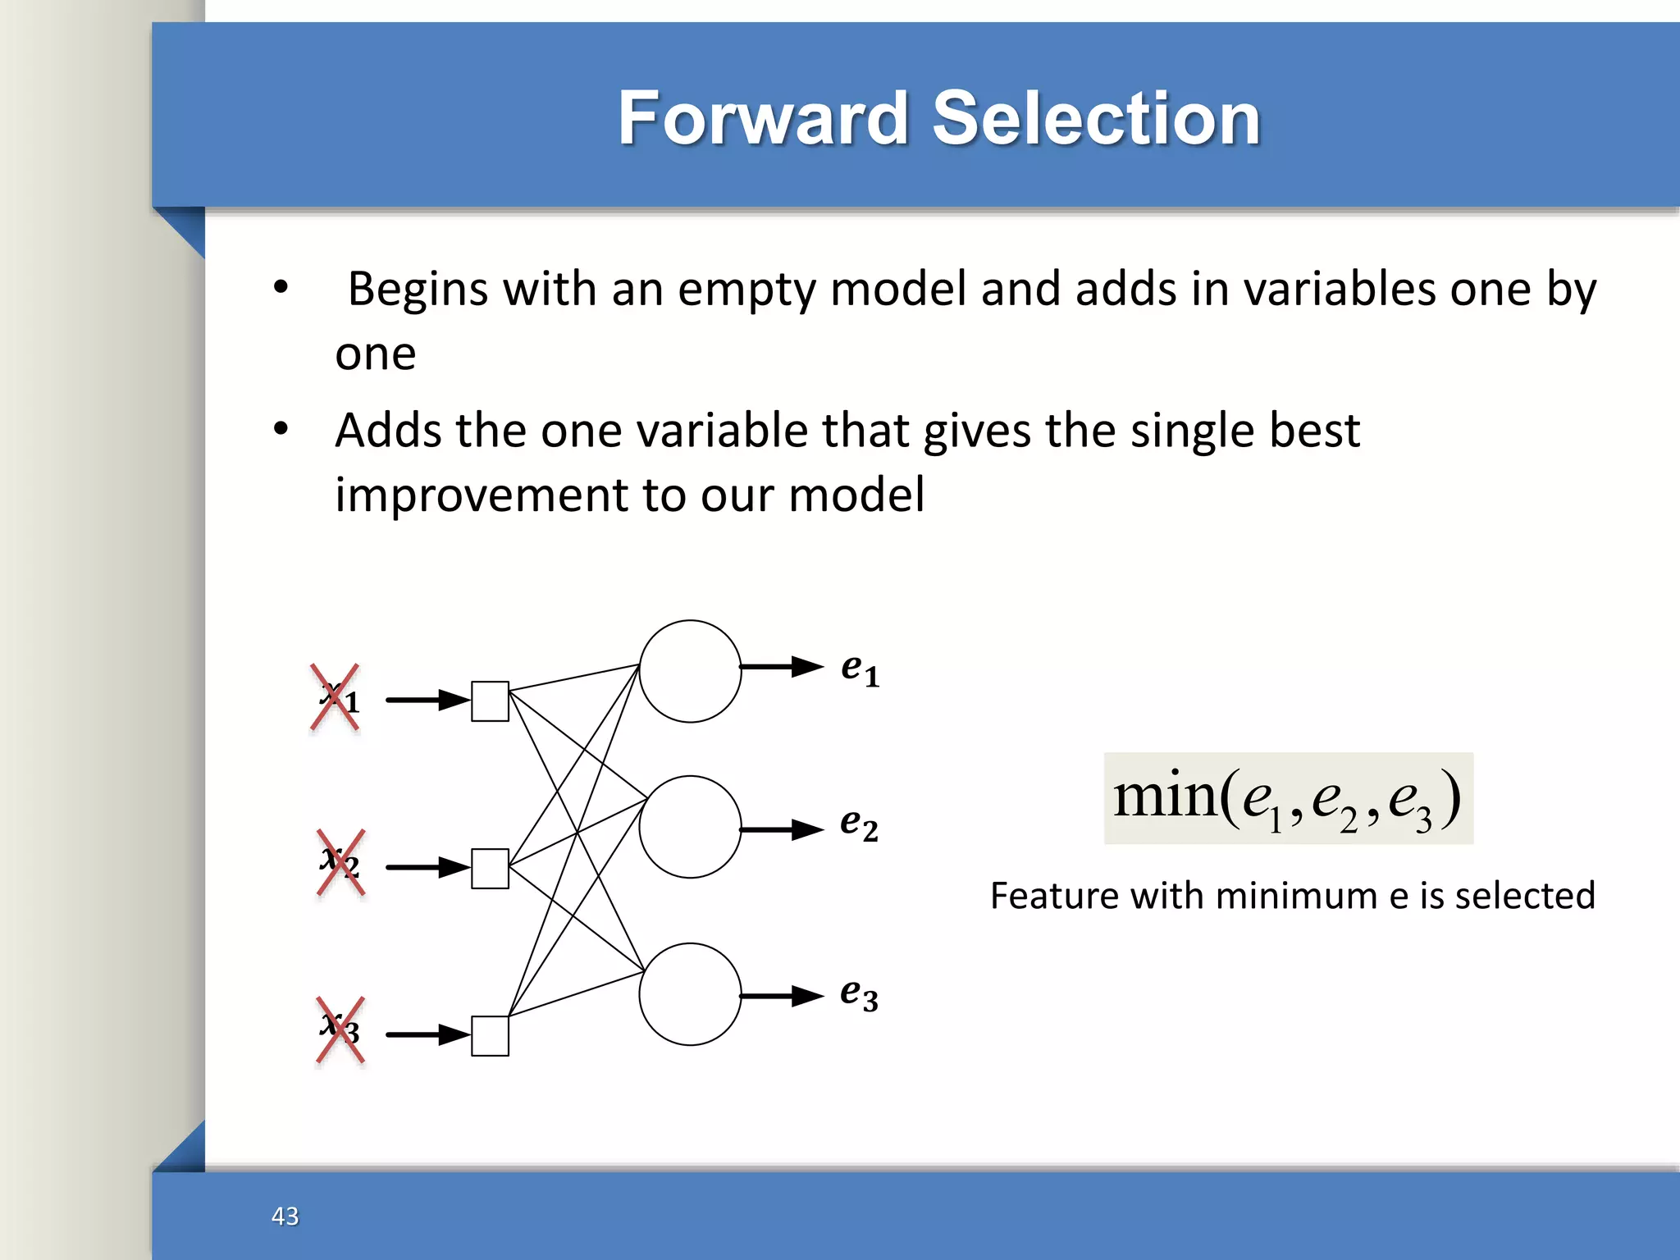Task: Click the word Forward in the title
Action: (x=763, y=119)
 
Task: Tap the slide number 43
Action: (x=285, y=1216)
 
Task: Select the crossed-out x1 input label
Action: (x=336, y=698)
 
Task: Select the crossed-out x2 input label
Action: (x=340, y=862)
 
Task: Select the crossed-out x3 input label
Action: (x=340, y=1029)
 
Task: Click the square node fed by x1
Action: (x=490, y=701)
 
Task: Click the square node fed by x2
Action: (x=490, y=869)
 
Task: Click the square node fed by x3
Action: (x=490, y=1036)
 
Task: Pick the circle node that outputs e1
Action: (x=690, y=671)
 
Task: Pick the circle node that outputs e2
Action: (x=690, y=827)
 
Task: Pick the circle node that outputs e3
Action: (x=690, y=994)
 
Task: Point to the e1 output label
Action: (x=860, y=669)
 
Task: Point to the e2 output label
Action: (x=859, y=824)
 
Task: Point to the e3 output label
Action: (x=859, y=994)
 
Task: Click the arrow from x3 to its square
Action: (x=427, y=1034)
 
